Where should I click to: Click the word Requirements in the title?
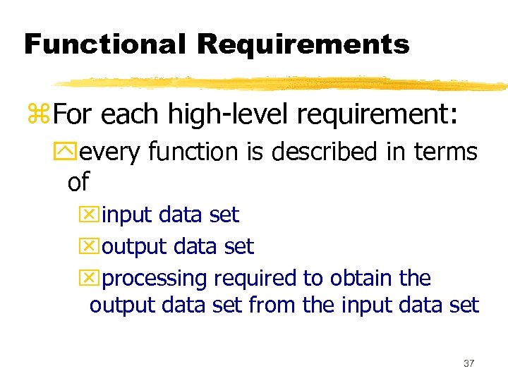303,44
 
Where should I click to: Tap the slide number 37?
468,363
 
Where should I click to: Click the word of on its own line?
78,182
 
